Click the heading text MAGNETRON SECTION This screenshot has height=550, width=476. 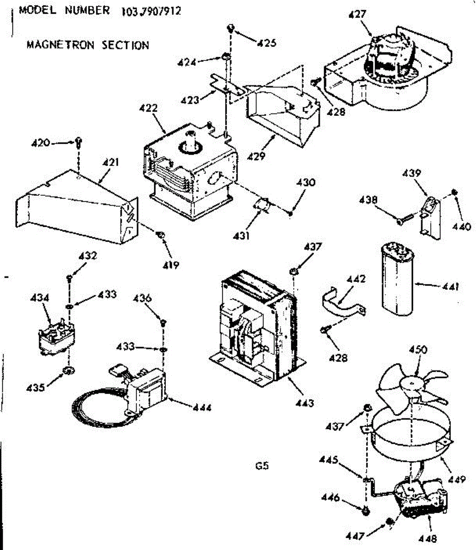tap(88, 45)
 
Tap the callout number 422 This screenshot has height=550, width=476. tap(148, 108)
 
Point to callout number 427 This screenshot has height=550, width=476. tap(357, 14)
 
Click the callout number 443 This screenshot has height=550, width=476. tap(305, 403)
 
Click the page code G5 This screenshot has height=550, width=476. tap(262, 466)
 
